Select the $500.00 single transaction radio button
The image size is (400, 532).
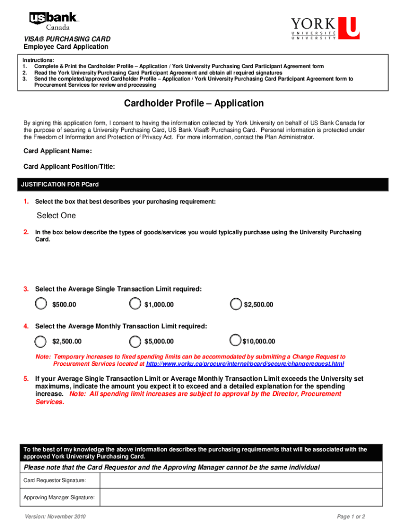[41, 304]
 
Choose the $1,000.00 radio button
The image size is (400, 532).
[135, 304]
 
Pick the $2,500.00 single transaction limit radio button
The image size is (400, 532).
[236, 304]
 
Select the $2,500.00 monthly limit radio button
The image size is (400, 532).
[41, 341]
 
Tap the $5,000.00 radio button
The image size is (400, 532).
[135, 341]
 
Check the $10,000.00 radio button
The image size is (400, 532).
[235, 341]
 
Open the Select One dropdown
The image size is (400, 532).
[56, 216]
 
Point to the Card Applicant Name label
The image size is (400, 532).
[58, 151]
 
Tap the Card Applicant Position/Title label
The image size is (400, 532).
[69, 167]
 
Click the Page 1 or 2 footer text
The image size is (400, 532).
[351, 517]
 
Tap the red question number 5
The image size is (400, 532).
[26, 379]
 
